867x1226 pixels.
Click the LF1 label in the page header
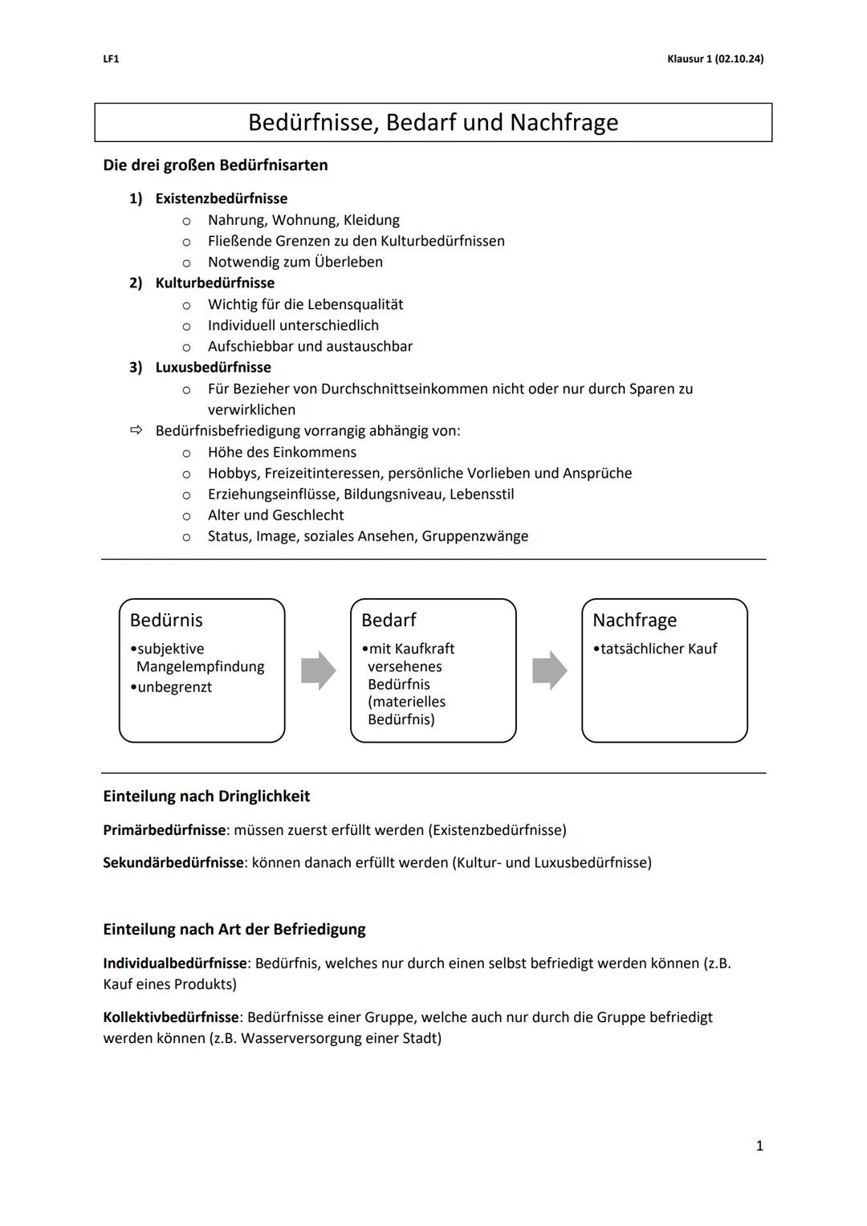(111, 59)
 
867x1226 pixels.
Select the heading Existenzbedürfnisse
(221, 198)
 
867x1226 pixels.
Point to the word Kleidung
(371, 220)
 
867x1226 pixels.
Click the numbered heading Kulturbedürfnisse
(214, 283)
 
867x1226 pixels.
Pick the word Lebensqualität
(355, 304)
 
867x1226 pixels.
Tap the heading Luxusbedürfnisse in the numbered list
(213, 367)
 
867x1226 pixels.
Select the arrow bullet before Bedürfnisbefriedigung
(135, 431)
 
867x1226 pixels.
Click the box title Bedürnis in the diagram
(166, 620)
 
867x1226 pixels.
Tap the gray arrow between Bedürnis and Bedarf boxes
(318, 670)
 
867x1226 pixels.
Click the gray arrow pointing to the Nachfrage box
(549, 670)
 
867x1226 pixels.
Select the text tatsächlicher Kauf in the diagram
(658, 649)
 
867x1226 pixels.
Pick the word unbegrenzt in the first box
(174, 687)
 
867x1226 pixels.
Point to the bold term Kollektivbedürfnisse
(171, 1017)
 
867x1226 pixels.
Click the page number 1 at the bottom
(759, 1146)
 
